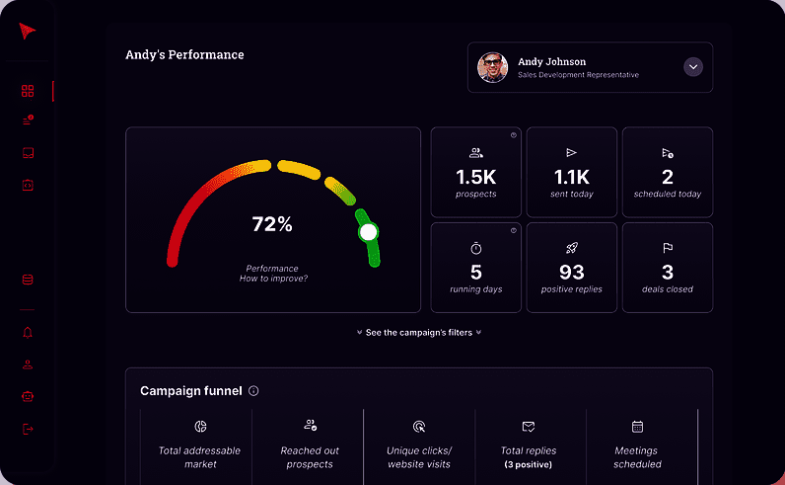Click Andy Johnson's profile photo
493,67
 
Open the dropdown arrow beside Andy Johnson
693,67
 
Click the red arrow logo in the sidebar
28,31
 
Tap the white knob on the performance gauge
368,232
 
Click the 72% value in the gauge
272,224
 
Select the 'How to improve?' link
273,279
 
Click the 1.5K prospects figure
476,177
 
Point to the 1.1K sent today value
572,177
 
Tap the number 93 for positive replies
572,272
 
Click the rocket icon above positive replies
572,248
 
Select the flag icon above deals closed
668,248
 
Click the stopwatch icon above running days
476,248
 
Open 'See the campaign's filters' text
419,333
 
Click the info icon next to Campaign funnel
253,391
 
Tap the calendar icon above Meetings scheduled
637,427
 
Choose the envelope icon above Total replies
528,427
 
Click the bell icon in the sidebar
28,333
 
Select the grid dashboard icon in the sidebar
28,91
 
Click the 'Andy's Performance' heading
184,55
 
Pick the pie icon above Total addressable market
200,427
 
